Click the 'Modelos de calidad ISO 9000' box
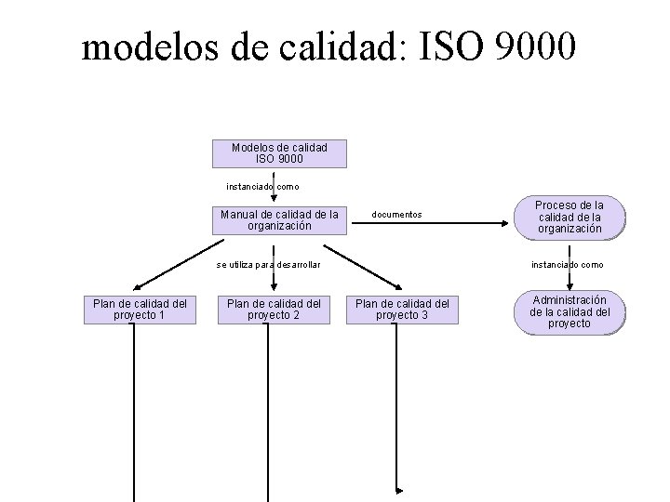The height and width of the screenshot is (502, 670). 279,153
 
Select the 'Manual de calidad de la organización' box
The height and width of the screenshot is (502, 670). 279,219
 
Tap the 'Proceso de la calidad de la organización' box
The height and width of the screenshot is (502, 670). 569,217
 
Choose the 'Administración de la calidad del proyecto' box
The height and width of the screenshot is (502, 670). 569,311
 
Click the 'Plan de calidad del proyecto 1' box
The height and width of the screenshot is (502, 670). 140,310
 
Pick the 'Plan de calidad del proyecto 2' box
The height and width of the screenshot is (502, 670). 275,310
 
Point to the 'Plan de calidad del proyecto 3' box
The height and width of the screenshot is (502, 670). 403,310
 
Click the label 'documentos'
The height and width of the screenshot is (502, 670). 396,215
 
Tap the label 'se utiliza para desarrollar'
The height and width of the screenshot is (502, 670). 268,265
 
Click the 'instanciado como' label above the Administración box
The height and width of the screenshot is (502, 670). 567,265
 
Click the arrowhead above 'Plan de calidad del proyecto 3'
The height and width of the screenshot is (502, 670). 398,287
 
